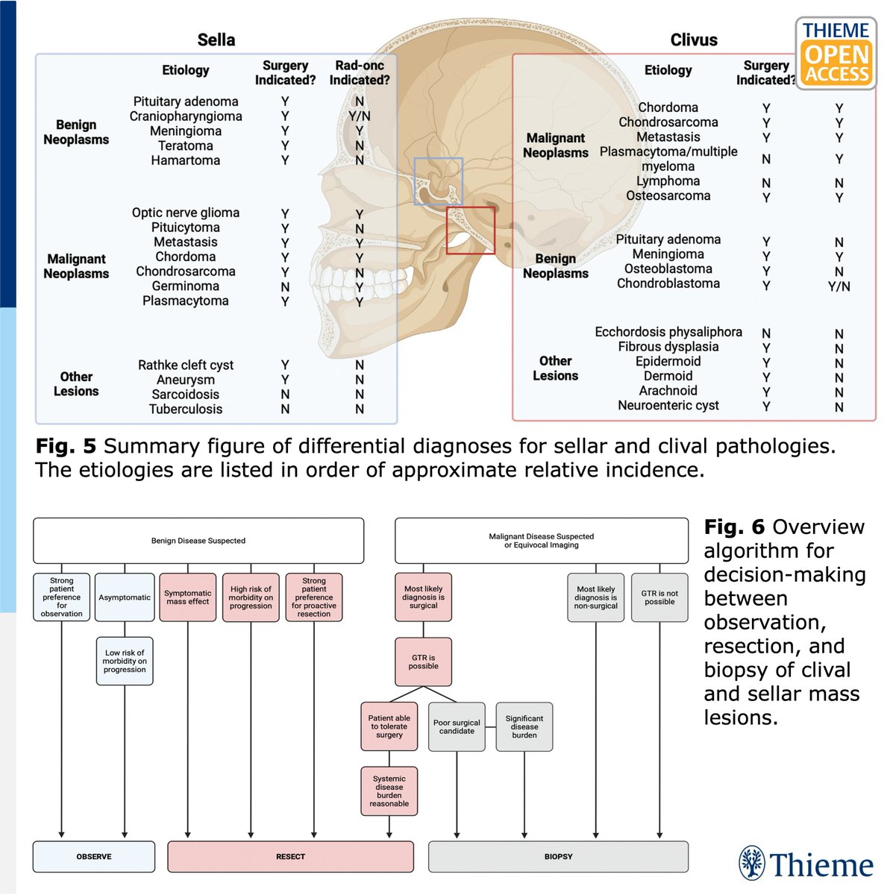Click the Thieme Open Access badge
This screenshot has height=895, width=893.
tap(836, 54)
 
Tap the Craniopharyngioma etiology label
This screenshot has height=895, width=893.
tap(185, 116)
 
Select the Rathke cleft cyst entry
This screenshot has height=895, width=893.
tap(185, 365)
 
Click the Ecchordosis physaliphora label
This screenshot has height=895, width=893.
tap(668, 332)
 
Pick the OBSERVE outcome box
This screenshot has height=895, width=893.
tap(94, 856)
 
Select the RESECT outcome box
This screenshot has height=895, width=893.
tap(290, 856)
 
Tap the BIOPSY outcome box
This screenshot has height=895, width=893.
tap(558, 856)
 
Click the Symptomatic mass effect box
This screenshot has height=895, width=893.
tap(188, 597)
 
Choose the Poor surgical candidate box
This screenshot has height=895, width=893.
tap(457, 727)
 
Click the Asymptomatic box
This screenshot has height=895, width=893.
tap(125, 597)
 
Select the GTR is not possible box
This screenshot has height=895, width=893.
tap(659, 597)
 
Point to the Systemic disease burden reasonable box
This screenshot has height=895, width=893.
tap(389, 791)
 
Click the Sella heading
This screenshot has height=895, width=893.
tap(216, 40)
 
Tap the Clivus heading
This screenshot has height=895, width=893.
tap(694, 40)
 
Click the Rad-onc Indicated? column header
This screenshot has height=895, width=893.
tap(360, 72)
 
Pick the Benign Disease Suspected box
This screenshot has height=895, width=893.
tap(198, 541)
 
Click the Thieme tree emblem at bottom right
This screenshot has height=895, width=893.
tap(752, 863)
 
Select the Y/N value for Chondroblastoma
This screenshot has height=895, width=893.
tap(839, 286)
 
